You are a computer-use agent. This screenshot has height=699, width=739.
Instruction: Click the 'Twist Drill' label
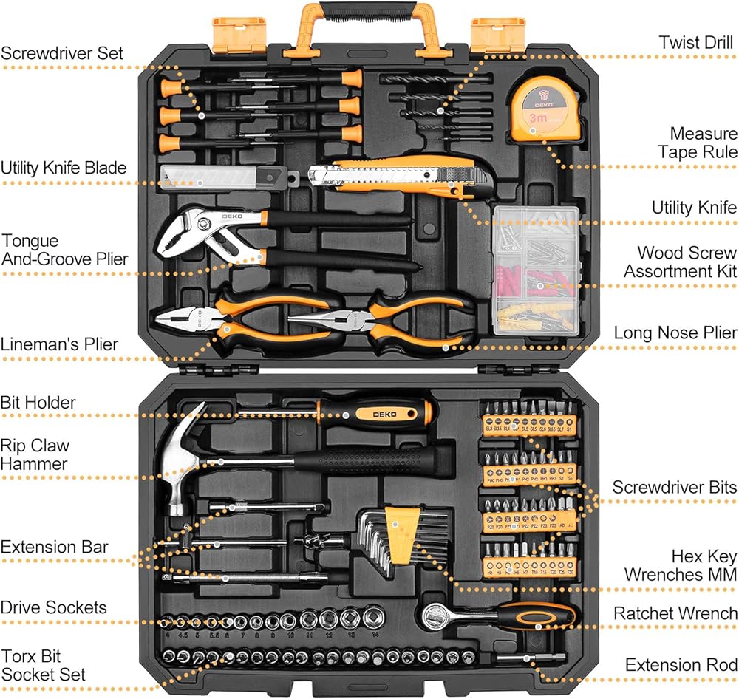tap(697, 42)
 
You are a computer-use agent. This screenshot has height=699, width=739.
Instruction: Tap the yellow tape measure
tap(542, 111)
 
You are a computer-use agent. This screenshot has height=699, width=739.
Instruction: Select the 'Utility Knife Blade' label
tap(63, 168)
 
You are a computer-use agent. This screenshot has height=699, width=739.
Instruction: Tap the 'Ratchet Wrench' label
tap(675, 613)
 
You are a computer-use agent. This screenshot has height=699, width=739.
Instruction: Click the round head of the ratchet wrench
tap(435, 613)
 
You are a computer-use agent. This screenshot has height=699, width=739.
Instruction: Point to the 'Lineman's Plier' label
tap(59, 344)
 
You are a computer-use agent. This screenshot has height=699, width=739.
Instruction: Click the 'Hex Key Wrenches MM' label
tap(681, 565)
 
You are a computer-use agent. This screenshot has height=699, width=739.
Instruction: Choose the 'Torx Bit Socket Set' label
tap(43, 665)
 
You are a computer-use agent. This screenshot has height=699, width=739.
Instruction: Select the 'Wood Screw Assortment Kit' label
tap(680, 262)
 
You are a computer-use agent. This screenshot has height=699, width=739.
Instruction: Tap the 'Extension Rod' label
tap(681, 665)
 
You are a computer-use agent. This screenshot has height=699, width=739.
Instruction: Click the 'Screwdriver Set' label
tap(62, 53)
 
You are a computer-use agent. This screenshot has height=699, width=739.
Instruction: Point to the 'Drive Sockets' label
tap(53, 608)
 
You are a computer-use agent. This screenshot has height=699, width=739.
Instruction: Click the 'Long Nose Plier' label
tap(675, 333)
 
